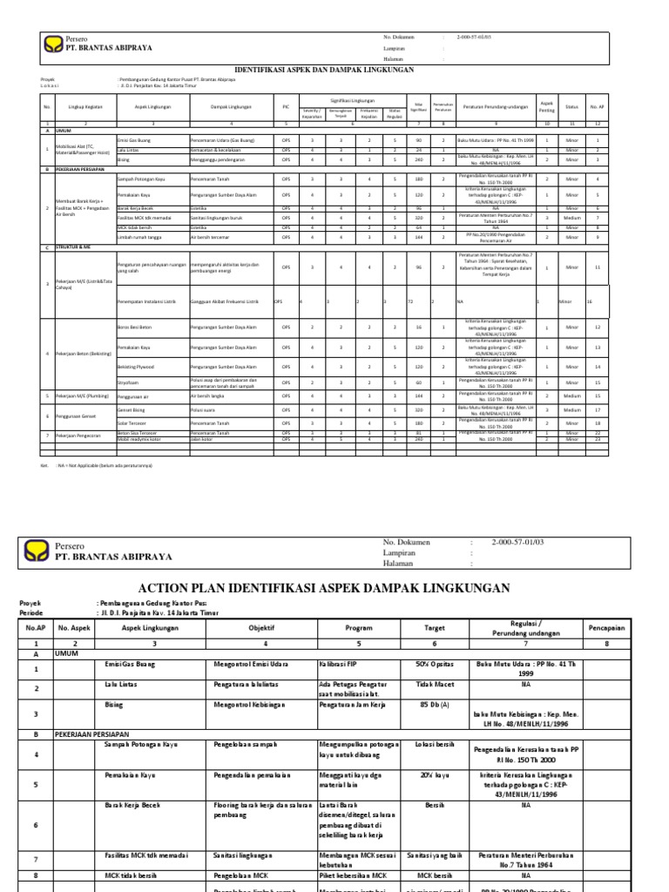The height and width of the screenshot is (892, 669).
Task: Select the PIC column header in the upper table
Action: (x=286, y=106)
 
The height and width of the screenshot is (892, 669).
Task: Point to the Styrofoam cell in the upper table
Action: (x=128, y=382)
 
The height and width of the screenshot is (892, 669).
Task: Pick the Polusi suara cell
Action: (x=202, y=409)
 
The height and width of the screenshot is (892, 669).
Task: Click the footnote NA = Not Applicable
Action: (x=92, y=466)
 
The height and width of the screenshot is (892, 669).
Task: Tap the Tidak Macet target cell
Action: (x=424, y=686)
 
